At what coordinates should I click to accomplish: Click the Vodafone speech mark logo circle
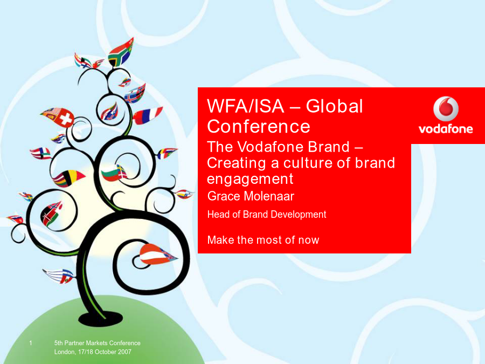pyautogui.click(x=446, y=108)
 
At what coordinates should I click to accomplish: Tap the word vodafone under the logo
pyautogui.click(x=446, y=129)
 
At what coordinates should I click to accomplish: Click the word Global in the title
pyautogui.click(x=334, y=106)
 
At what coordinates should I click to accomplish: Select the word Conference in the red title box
pyautogui.click(x=259, y=126)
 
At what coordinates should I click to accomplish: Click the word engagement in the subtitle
pyautogui.click(x=250, y=179)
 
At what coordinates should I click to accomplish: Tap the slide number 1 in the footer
pyautogui.click(x=31, y=342)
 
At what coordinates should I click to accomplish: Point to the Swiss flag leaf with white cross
pyautogui.click(x=58, y=117)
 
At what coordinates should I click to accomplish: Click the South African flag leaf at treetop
pyautogui.click(x=120, y=53)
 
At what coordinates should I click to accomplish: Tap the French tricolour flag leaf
pyautogui.click(x=147, y=115)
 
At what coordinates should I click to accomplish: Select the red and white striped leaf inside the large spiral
pyautogui.click(x=156, y=255)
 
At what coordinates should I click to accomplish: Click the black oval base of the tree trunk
pyautogui.click(x=101, y=318)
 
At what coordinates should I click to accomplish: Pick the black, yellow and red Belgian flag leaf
pyautogui.click(x=68, y=178)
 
